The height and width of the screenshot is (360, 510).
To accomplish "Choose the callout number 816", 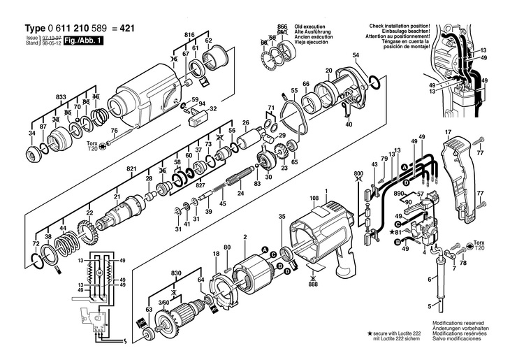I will click(189, 34).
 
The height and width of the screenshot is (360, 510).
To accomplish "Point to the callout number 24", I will click(240, 193).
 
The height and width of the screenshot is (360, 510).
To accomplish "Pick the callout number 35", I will click(282, 218).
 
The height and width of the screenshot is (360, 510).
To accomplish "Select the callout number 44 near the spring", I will click(62, 229).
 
